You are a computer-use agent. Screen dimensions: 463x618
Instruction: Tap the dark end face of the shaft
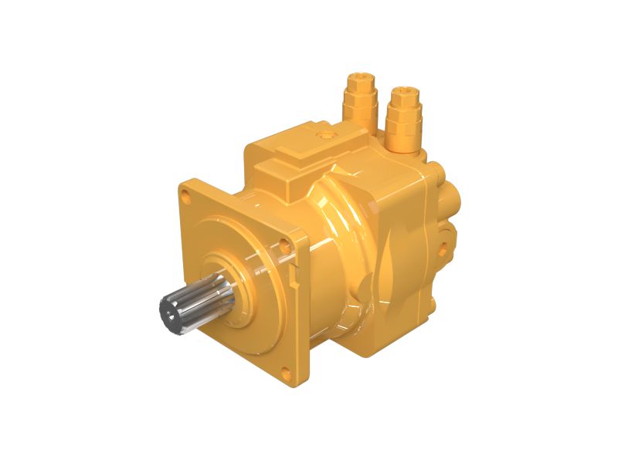coord(169,311)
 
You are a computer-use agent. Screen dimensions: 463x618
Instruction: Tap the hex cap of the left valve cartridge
coord(360,79)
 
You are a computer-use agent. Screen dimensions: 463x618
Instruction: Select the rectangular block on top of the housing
coord(309,154)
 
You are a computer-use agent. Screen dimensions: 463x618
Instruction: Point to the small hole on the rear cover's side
coord(447,248)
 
